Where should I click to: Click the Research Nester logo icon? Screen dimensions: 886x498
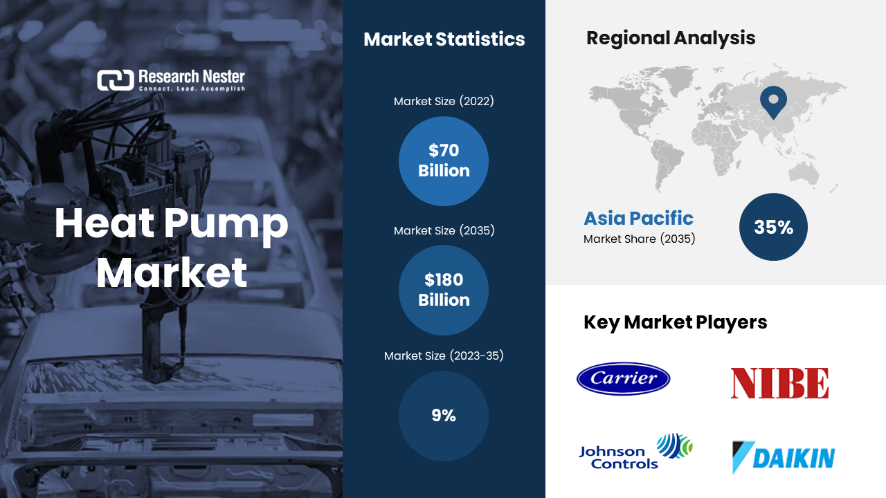[x=116, y=80]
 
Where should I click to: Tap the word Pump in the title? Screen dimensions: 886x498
[x=226, y=225]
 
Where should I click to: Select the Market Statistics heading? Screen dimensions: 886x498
[x=444, y=39]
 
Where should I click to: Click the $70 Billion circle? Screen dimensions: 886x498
[x=444, y=161]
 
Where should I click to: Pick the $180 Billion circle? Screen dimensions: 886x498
[x=444, y=290]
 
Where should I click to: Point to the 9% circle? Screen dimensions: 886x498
[x=444, y=416]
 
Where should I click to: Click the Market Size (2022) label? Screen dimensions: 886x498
[x=444, y=101]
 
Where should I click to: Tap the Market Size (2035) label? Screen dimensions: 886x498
[x=444, y=230]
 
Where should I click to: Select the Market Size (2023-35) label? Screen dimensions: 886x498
[x=444, y=356]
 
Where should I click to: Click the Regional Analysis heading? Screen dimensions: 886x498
[x=671, y=38]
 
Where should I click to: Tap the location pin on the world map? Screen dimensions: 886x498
[x=773, y=102]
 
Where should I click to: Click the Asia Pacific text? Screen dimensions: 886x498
[x=638, y=218]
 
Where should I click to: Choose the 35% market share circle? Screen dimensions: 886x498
[x=773, y=227]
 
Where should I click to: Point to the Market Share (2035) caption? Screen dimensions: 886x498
[x=639, y=239]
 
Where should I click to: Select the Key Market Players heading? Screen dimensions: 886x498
[x=675, y=322]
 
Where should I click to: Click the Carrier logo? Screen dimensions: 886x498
[x=624, y=378]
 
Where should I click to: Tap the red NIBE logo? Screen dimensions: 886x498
[x=779, y=383]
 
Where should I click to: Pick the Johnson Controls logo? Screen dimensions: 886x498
[x=635, y=452]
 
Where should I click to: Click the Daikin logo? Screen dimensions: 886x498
[x=783, y=457]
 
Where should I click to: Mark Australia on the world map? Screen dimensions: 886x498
[x=804, y=174]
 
